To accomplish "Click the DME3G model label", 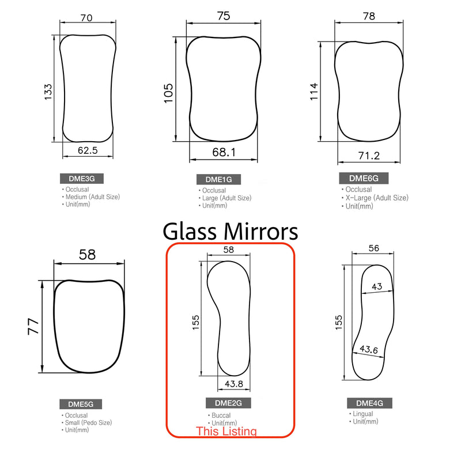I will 77,179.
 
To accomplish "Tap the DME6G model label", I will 363,177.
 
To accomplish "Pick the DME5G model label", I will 77,403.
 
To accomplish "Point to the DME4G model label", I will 365,403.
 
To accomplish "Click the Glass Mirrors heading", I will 231,231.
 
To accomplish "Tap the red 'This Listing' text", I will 226,431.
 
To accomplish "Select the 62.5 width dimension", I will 88,151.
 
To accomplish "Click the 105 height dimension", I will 169,93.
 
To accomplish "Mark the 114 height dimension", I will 313,92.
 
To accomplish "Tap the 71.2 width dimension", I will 369,156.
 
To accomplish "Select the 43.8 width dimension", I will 233,383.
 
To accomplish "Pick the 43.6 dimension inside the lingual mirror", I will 368,349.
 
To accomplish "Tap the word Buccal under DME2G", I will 220,415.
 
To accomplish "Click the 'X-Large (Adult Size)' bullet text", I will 377,198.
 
